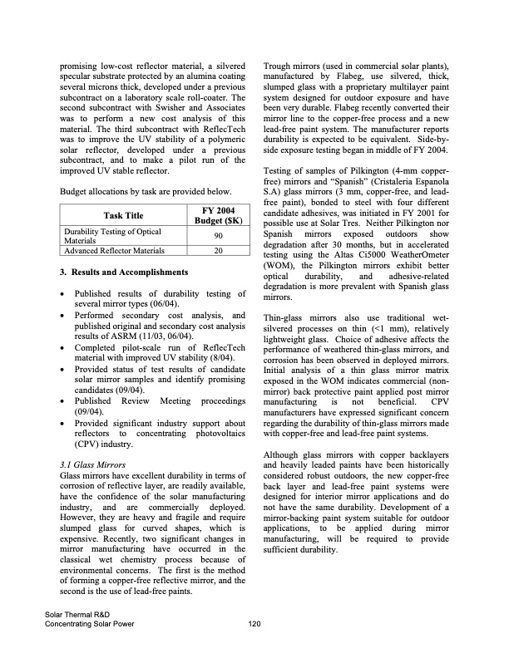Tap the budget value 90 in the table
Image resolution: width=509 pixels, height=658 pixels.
coord(219,236)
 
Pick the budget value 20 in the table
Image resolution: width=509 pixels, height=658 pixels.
coord(219,250)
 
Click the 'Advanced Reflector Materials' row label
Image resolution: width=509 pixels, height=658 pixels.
coord(114,250)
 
